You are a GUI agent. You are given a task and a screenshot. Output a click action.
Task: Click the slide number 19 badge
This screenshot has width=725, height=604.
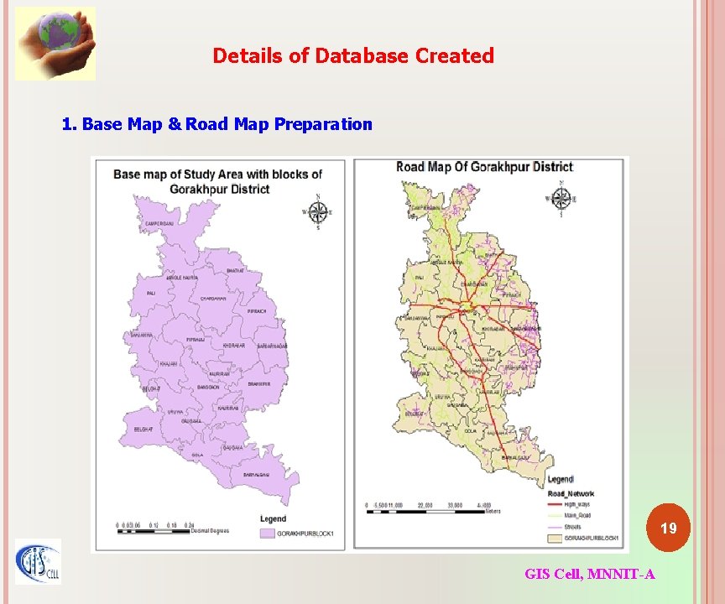pos(668,528)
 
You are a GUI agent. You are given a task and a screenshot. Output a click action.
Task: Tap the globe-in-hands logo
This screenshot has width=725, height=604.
pos(55,43)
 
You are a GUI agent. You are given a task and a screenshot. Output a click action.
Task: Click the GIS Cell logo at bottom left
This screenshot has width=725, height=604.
pos(38,561)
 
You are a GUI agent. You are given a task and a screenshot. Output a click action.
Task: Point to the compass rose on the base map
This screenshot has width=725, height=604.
pos(317,212)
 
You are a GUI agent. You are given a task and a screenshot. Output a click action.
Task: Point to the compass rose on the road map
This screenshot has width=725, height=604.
pos(560,199)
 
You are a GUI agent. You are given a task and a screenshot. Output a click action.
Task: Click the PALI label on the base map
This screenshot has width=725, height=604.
pos(151,294)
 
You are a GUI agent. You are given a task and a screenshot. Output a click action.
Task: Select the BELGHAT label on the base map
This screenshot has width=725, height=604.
pos(143,430)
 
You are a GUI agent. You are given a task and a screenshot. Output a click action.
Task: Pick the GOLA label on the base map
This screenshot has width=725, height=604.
pos(197,455)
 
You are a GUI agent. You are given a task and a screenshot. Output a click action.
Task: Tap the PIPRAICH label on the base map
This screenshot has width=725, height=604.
pos(257,311)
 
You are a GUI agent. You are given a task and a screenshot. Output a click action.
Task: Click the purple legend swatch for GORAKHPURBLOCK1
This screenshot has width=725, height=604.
pos(268,533)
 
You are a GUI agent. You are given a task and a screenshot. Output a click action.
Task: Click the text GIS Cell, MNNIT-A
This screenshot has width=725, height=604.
pos(590,574)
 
